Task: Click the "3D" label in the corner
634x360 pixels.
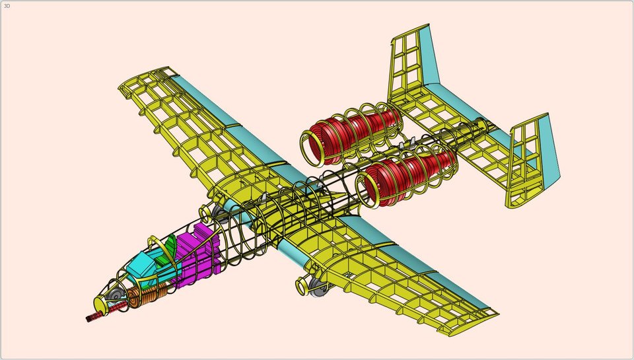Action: click(7, 6)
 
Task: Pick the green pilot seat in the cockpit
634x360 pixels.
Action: click(170, 248)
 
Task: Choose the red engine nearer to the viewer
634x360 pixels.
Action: click(416, 175)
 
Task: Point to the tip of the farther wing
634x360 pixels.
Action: click(125, 87)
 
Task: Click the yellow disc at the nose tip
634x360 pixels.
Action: click(101, 304)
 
